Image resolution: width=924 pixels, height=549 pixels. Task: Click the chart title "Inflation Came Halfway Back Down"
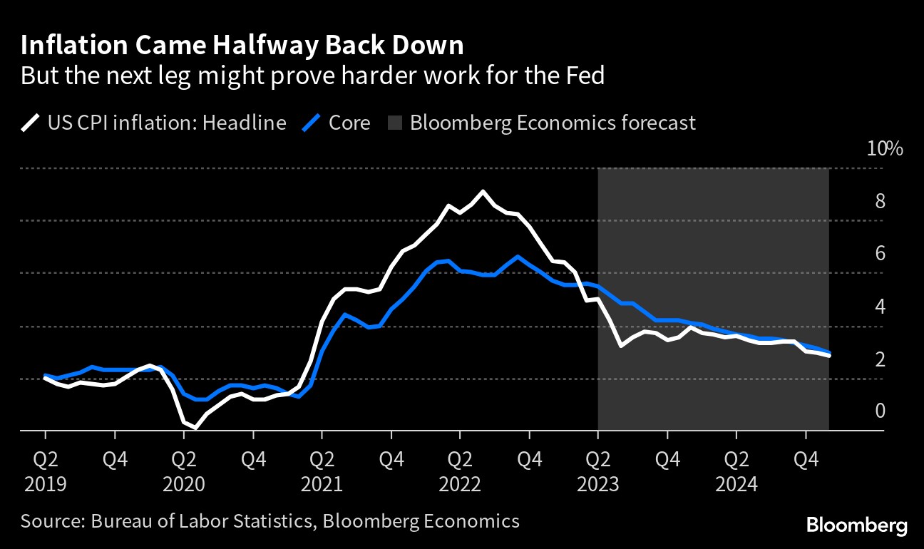(242, 46)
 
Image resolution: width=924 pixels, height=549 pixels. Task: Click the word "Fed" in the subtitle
(585, 75)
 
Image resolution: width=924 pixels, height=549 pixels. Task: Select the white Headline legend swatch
(30, 123)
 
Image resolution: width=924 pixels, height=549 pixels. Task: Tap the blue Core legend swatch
(311, 123)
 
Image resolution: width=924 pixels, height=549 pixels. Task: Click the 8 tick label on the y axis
(880, 202)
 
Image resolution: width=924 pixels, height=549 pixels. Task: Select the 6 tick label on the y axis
(880, 254)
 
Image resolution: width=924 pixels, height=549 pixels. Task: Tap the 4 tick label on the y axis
(880, 307)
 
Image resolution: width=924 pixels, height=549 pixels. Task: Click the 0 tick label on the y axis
(880, 411)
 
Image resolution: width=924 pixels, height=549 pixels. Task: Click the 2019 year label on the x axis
(45, 485)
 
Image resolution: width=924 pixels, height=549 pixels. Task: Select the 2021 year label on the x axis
(322, 485)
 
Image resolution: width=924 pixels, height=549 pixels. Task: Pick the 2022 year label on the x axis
(460, 485)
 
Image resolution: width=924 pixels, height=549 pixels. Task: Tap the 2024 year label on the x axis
(736, 485)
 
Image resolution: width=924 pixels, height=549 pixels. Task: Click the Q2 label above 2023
(598, 458)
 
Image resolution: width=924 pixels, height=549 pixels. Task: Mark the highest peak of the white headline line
(483, 191)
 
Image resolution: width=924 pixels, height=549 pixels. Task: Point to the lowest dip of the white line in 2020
(195, 428)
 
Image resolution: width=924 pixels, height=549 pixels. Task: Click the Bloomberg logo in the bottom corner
(857, 526)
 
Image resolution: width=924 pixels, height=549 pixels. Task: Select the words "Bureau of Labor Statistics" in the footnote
(202, 521)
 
